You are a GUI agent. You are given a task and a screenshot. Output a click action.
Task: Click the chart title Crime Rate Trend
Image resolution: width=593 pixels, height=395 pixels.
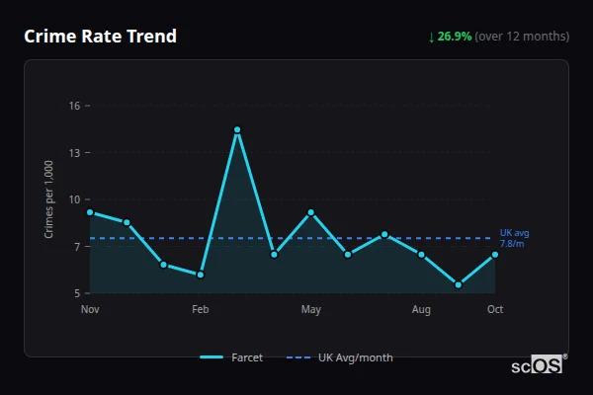tap(100, 37)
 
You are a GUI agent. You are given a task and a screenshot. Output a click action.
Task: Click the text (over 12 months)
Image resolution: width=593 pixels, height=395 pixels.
tap(522, 37)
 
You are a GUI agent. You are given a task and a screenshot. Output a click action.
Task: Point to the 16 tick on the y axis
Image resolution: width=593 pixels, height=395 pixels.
tap(73, 106)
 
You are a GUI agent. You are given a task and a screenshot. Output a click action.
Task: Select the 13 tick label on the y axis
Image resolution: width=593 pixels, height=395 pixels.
tap(73, 153)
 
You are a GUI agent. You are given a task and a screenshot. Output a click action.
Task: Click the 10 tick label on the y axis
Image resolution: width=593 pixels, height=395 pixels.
tap(73, 199)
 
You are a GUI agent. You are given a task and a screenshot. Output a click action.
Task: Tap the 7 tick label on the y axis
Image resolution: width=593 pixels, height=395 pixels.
tap(76, 247)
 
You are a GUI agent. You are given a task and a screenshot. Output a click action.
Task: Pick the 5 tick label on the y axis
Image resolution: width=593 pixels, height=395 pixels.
tap(76, 293)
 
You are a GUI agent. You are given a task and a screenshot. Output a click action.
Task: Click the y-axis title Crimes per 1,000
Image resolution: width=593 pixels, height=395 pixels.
tap(49, 199)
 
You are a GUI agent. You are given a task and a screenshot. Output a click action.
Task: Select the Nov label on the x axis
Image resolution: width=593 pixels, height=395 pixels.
tap(90, 310)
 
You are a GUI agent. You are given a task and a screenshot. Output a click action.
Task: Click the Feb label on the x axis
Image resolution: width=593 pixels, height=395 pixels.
tap(201, 310)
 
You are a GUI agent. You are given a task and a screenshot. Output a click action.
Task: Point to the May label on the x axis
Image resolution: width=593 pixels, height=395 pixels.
tap(311, 310)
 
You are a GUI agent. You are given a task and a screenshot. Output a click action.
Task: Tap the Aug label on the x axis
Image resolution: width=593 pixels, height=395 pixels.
tap(422, 310)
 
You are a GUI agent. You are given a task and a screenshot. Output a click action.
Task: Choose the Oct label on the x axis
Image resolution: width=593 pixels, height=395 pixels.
tap(495, 310)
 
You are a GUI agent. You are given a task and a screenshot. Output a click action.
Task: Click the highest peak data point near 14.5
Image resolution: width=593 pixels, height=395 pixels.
tap(237, 129)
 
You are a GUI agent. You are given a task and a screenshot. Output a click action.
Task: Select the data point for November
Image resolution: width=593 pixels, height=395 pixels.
tap(90, 212)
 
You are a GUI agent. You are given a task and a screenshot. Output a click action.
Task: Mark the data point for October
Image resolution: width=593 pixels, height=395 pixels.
tap(495, 255)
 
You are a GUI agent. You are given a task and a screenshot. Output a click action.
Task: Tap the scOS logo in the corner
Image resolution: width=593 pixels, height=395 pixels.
tap(538, 365)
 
